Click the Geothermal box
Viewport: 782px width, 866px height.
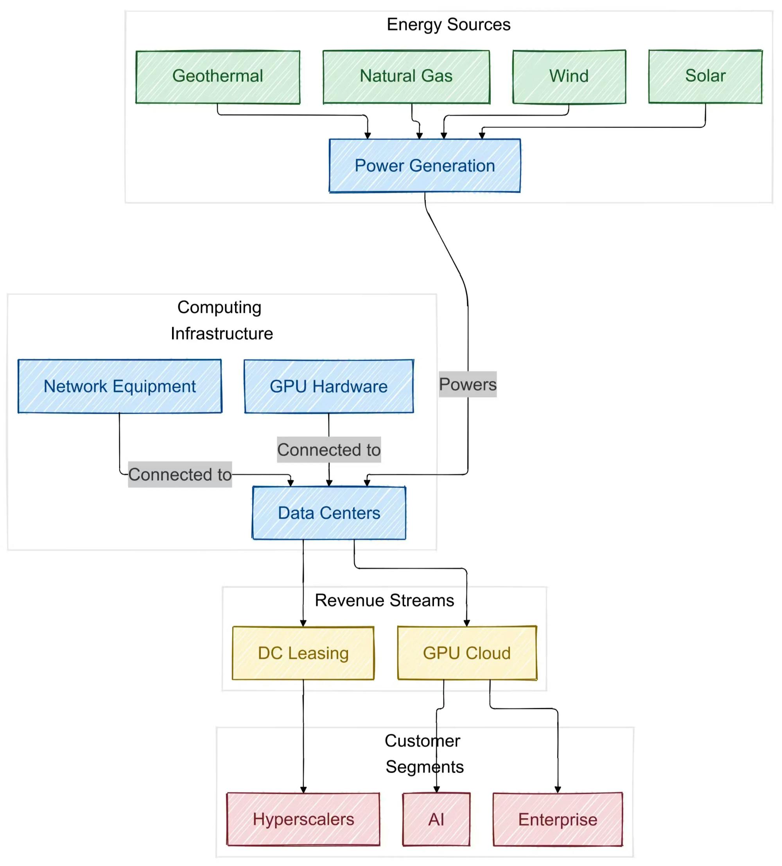[218, 77]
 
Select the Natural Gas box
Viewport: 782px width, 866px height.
[406, 77]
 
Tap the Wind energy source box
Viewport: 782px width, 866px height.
[569, 77]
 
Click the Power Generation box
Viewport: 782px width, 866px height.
[425, 166]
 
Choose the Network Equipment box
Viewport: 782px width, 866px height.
[120, 386]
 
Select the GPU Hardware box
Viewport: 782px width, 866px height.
[329, 386]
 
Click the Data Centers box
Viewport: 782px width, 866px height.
[329, 513]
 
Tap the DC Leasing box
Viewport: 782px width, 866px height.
[303, 653]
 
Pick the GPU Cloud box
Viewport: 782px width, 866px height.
[467, 653]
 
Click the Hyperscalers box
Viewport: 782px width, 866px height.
[303, 819]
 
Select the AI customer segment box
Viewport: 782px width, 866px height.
[436, 819]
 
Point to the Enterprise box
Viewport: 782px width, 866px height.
[558, 819]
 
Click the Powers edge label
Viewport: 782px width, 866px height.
[468, 384]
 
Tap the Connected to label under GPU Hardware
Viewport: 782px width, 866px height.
[329, 450]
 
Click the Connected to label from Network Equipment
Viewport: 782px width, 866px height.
[180, 475]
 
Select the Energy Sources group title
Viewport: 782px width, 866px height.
[448, 25]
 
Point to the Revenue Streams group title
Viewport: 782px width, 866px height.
[384, 600]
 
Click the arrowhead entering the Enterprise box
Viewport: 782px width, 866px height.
[558, 789]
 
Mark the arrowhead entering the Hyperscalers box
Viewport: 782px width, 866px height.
[303, 789]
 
